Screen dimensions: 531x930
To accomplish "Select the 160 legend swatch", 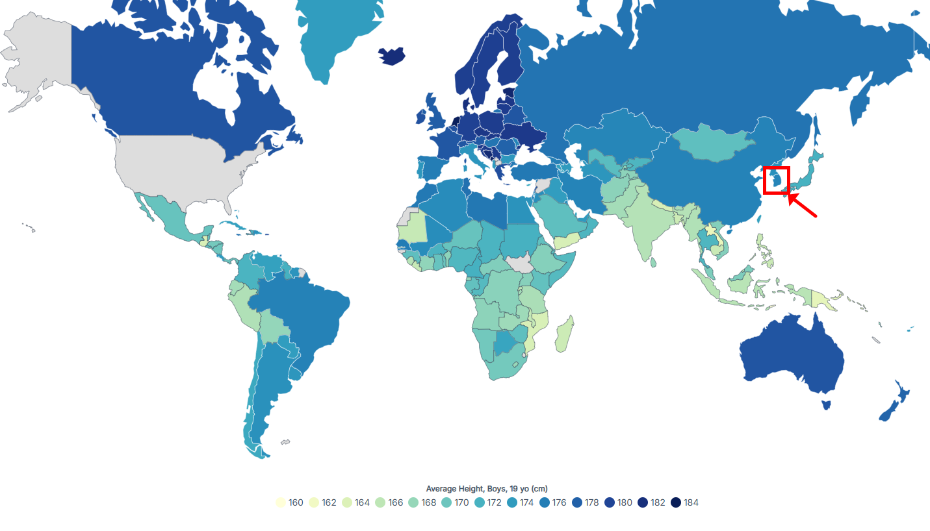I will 281,502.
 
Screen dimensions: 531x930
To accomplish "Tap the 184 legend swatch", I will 676,502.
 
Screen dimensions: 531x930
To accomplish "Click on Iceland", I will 393,56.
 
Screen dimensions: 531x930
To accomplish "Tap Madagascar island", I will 563,334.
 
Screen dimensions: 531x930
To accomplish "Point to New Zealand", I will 894,402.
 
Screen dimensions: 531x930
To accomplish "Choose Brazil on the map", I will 305,318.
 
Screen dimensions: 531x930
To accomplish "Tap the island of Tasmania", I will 826,405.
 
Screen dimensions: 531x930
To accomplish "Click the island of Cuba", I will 240,228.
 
